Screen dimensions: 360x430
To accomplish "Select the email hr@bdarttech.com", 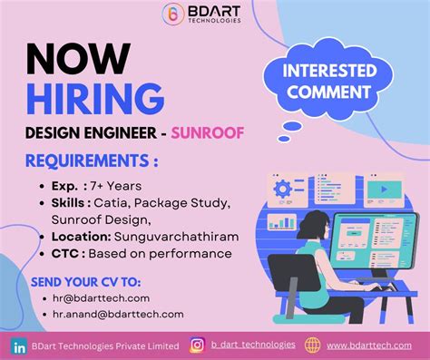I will [x=102, y=297].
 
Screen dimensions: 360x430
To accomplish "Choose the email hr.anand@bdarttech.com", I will [x=119, y=314].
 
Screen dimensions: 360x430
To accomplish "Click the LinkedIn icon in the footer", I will [x=18, y=345].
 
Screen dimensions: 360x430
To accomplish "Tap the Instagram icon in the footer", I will [x=197, y=345].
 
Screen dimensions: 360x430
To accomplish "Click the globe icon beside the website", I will [x=313, y=345].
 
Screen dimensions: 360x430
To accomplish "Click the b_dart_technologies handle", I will [x=253, y=345].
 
